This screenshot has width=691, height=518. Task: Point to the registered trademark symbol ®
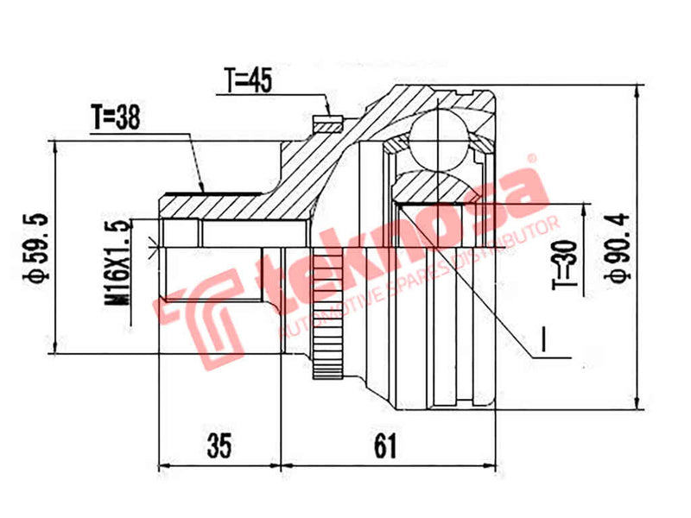pyautogui.click(x=533, y=159)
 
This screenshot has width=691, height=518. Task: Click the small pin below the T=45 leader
pyautogui.click(x=325, y=121)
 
